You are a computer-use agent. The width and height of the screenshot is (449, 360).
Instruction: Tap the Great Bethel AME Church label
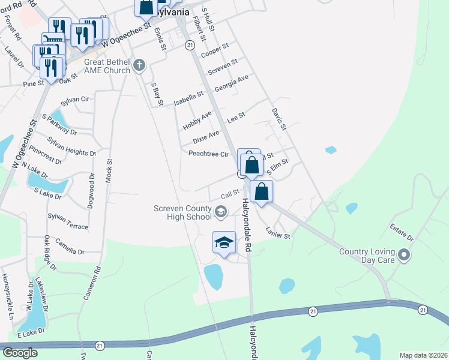107,66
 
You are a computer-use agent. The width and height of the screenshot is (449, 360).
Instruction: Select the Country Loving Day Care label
366,256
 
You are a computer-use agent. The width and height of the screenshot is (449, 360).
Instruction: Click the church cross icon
139,65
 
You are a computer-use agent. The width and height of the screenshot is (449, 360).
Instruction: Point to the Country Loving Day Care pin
405,256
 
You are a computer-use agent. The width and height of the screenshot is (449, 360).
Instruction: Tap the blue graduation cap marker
224,243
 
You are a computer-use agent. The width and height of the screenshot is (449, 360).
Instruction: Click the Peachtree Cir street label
209,154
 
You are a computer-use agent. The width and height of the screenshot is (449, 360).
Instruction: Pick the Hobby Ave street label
197,121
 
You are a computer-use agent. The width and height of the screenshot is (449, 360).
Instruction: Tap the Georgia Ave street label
231,82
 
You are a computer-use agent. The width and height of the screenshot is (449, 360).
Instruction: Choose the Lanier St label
278,232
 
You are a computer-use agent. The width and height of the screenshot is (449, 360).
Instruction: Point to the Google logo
20,353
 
